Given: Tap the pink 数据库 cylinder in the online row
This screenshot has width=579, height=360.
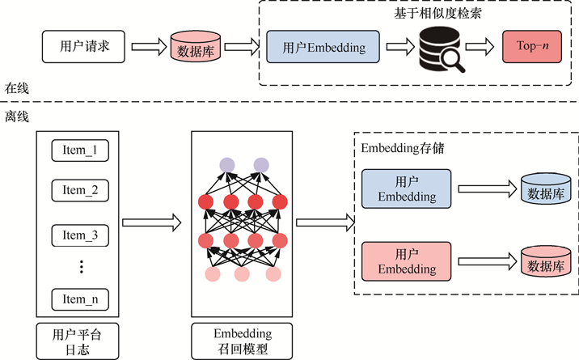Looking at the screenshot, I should (x=195, y=49).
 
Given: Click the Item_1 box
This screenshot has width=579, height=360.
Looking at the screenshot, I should (x=79, y=150).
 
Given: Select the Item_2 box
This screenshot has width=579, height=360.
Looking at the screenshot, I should (x=79, y=191).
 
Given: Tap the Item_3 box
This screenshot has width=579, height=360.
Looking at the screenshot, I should (x=79, y=235).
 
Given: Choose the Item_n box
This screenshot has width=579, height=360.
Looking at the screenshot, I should (x=79, y=299).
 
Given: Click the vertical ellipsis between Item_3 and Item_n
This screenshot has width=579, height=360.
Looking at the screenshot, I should (x=81, y=267).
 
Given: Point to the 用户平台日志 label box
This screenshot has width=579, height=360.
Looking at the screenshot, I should (x=79, y=341).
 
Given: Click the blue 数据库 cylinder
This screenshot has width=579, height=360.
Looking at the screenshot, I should (x=547, y=190).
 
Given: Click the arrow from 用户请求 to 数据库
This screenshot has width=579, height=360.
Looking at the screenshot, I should (x=150, y=47).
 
